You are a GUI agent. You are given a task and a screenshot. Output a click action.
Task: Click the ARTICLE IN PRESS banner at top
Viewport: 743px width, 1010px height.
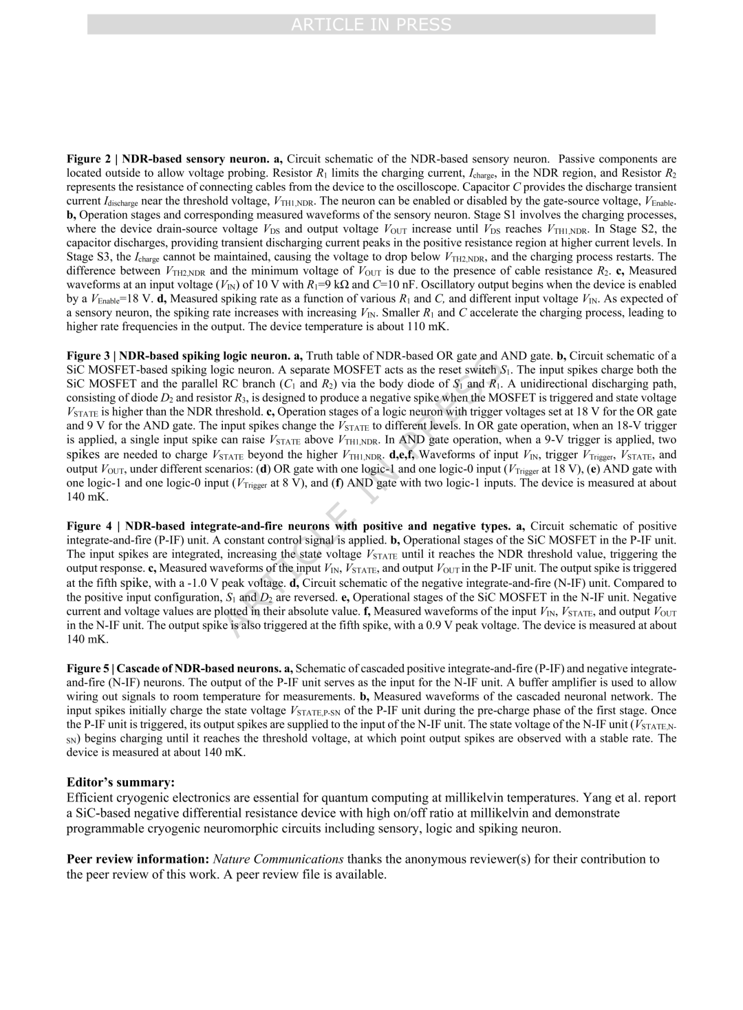[x=371, y=25]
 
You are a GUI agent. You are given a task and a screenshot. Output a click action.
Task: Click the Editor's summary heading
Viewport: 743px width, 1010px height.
[x=120, y=782]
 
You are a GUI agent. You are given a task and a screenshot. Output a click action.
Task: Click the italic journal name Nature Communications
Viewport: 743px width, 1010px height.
[x=278, y=859]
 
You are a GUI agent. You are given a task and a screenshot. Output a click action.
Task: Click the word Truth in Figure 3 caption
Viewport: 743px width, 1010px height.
[x=321, y=356]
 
